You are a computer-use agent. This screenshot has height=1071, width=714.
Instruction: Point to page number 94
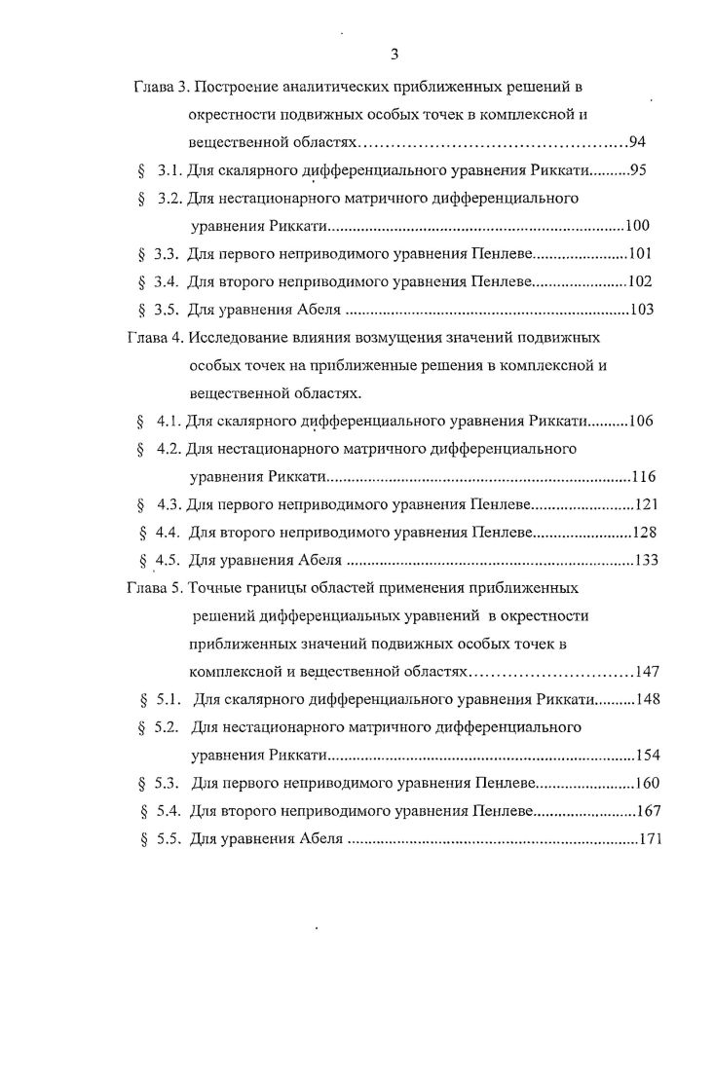click(640, 142)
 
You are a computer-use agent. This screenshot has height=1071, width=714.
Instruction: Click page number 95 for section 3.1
click(639, 170)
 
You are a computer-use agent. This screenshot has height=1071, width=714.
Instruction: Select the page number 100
click(637, 227)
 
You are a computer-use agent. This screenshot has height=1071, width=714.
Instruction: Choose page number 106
click(641, 422)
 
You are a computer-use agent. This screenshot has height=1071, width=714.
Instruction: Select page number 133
click(646, 560)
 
